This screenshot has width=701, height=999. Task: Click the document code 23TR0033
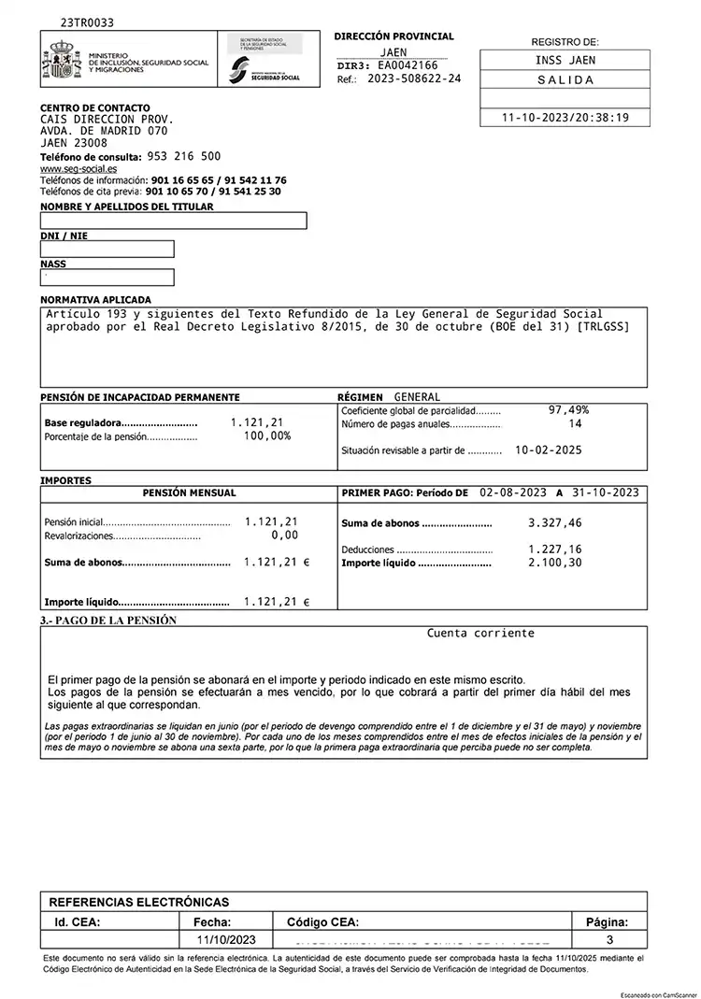[88, 21]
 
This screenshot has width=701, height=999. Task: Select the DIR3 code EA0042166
[408, 65]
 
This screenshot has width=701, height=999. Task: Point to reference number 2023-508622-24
[414, 79]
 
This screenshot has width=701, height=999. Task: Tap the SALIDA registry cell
[565, 79]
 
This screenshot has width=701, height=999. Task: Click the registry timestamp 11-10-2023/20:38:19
[565, 118]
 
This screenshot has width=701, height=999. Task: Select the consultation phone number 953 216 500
[184, 156]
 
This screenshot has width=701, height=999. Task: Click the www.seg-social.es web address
[79, 168]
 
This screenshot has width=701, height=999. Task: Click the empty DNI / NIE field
[107, 250]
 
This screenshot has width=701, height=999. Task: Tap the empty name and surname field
[173, 221]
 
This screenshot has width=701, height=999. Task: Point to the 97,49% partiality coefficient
[568, 410]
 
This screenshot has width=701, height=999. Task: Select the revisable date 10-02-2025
[548, 450]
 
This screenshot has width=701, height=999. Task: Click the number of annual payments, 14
[575, 423]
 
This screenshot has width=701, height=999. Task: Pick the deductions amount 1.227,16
[554, 549]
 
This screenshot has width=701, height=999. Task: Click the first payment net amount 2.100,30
[554, 563]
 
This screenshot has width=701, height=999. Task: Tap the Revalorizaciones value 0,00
[284, 535]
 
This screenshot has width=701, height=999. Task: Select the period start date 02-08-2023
[512, 492]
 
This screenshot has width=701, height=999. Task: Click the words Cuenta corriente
[480, 633]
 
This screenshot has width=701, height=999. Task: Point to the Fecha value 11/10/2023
[224, 938]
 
